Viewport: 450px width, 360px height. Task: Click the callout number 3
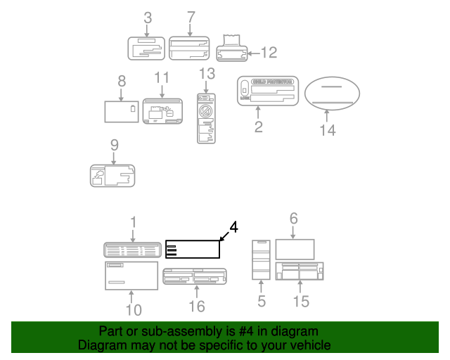click(148, 18)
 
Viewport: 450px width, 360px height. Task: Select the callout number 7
click(191, 17)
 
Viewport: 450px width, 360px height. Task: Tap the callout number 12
click(269, 52)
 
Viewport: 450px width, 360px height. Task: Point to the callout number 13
click(206, 74)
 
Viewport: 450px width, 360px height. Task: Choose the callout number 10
click(134, 309)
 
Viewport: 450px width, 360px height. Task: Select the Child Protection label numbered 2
click(268, 91)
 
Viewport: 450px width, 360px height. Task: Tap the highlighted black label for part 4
click(193, 250)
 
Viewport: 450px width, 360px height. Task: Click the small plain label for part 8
click(121, 112)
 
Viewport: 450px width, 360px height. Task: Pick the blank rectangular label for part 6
click(294, 249)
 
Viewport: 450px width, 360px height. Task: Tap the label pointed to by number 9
click(112, 176)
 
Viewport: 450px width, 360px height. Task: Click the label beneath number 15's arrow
click(300, 271)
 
